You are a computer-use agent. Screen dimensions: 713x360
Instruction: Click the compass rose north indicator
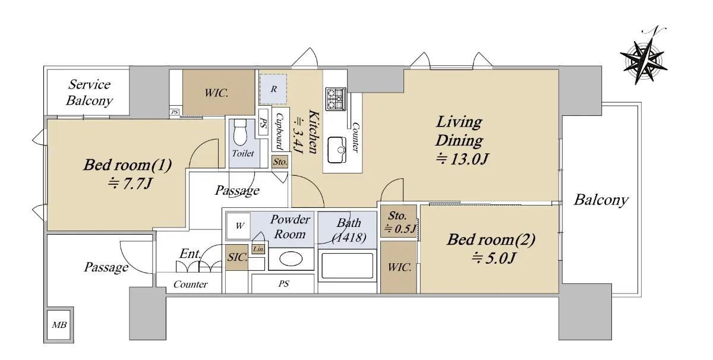[x=643, y=60]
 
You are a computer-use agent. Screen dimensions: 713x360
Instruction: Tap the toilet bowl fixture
[x=240, y=132]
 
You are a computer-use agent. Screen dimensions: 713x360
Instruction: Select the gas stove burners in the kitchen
[x=336, y=99]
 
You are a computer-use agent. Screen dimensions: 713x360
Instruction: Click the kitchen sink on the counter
[x=337, y=150]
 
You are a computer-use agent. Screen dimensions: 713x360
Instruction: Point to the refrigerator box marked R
[x=273, y=89]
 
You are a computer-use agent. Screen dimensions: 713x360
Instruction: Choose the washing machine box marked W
[x=238, y=226]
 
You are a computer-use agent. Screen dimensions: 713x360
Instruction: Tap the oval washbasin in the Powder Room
[x=291, y=259]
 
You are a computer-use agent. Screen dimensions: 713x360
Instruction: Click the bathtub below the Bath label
[x=347, y=266]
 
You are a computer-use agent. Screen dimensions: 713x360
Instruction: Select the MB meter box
[x=59, y=325]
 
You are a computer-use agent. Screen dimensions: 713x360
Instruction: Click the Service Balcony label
[x=90, y=93]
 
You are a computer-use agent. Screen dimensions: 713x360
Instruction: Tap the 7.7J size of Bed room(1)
[x=130, y=184]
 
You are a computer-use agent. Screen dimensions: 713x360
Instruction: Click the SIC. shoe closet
[x=237, y=257]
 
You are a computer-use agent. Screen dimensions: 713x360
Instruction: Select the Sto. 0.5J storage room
[x=399, y=221]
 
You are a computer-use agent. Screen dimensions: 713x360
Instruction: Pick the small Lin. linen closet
[x=258, y=250]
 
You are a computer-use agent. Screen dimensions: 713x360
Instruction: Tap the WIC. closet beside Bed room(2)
[x=399, y=267]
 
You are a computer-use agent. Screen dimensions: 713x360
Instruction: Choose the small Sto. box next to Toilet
[x=280, y=162]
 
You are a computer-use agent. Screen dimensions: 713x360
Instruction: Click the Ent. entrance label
[x=190, y=254]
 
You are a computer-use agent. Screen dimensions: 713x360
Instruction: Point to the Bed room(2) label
[x=491, y=239]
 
